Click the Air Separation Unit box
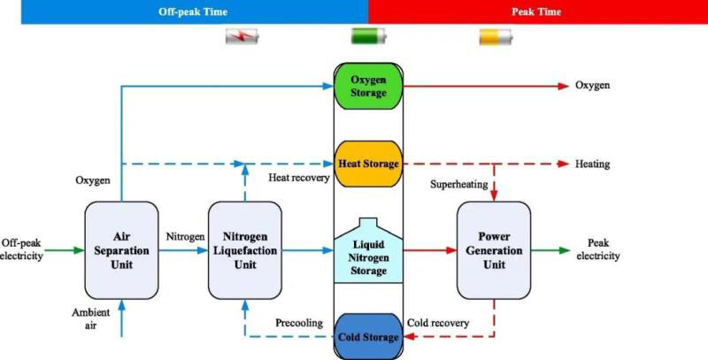[x=121, y=250]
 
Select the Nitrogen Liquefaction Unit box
[x=244, y=250]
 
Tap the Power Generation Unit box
[x=494, y=250]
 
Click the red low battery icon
[x=242, y=37]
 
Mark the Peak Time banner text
[x=536, y=11]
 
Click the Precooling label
[x=299, y=322]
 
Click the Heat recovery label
[x=298, y=178]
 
